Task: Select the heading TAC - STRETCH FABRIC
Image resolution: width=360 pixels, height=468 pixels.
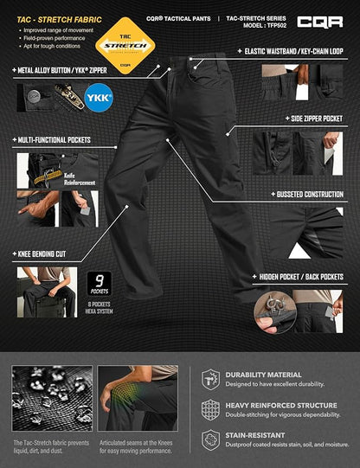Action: coord(50,17)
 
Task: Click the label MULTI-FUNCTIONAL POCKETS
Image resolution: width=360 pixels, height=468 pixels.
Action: coord(53,139)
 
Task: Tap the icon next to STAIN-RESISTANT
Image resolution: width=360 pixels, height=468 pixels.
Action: coord(210,440)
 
